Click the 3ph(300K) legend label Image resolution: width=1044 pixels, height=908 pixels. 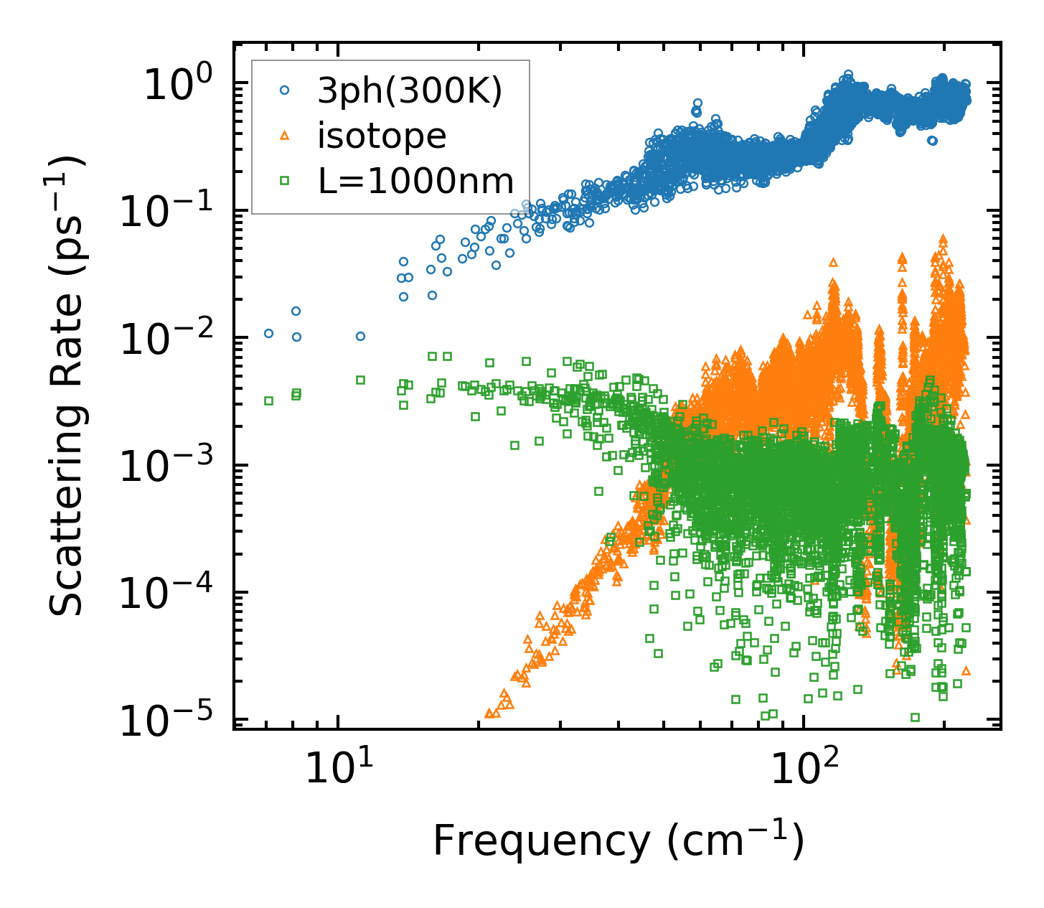coord(410,90)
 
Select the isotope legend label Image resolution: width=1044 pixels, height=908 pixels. coord(382,136)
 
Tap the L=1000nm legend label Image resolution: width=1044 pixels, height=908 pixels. coord(416,181)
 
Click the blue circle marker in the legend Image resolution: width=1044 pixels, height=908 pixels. coord(285,90)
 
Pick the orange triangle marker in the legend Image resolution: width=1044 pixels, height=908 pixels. coord(285,136)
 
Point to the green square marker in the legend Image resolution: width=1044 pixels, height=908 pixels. coord(285,181)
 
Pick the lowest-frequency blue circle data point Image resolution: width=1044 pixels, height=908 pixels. coord(268,333)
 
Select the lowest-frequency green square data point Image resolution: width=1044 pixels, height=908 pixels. coord(268,401)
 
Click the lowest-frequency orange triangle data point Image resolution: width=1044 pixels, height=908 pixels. coord(489,713)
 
